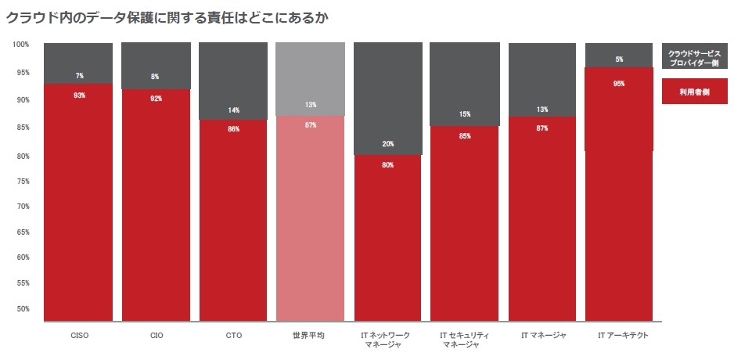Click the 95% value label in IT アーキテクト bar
[x=619, y=83]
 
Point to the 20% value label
[x=388, y=144]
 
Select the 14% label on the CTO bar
[x=234, y=110]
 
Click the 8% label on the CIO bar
[x=155, y=77]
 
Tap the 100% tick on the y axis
[x=21, y=44]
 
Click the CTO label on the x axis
[x=234, y=335]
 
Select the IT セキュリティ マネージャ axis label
[x=465, y=340]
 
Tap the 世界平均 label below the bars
[x=311, y=335]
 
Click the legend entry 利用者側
[x=695, y=92]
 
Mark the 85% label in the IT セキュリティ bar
[x=465, y=136]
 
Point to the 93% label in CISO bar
[x=79, y=95]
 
